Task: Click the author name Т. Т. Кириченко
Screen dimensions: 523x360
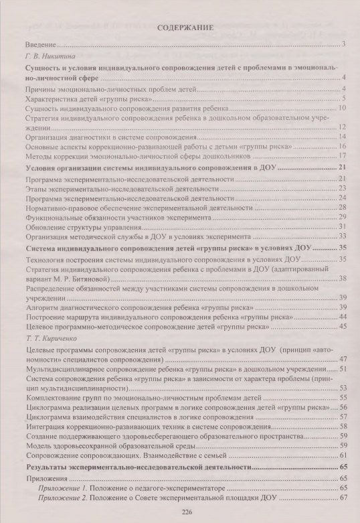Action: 50,339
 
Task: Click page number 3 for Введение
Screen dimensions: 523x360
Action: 342,44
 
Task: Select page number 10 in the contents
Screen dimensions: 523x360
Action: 341,107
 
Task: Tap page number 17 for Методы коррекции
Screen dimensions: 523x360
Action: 341,155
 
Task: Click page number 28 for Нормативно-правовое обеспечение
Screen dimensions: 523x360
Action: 341,208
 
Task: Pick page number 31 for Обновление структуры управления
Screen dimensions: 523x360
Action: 341,227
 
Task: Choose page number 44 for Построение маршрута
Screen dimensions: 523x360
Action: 341,316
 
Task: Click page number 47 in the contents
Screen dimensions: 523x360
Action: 341,359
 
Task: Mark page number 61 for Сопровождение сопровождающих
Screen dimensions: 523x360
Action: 341,455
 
